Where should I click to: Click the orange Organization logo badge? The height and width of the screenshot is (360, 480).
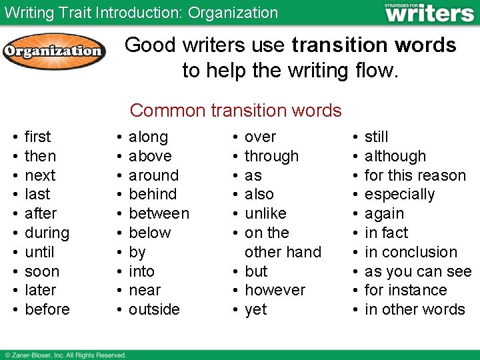[x=53, y=51]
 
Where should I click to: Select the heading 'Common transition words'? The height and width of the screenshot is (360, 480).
[x=236, y=110]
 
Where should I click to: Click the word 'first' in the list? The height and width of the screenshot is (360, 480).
[x=37, y=137]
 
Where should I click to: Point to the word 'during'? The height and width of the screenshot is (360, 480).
[x=47, y=233]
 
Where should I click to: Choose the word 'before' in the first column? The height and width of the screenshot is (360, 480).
[x=47, y=309]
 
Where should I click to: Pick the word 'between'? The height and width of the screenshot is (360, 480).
[x=159, y=213]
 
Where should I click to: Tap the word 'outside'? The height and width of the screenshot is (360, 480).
[x=154, y=309]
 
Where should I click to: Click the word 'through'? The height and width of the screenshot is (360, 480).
[x=271, y=156]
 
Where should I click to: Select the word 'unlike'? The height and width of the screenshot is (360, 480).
[x=265, y=213]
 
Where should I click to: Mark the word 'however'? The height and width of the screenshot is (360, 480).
[x=275, y=291]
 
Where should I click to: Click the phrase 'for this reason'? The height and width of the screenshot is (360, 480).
[x=415, y=175]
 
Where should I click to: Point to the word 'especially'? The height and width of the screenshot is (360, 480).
[x=399, y=195]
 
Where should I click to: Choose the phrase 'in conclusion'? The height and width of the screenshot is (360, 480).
[x=411, y=252]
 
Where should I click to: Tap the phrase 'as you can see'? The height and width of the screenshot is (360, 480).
[x=418, y=271]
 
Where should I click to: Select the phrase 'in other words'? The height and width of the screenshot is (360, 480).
[x=415, y=309]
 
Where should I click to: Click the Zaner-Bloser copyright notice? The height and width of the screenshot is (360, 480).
[x=65, y=355]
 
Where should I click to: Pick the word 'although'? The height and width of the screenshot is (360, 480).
[x=395, y=156]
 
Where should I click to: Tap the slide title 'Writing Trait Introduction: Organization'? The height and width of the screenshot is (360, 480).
[x=141, y=13]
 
